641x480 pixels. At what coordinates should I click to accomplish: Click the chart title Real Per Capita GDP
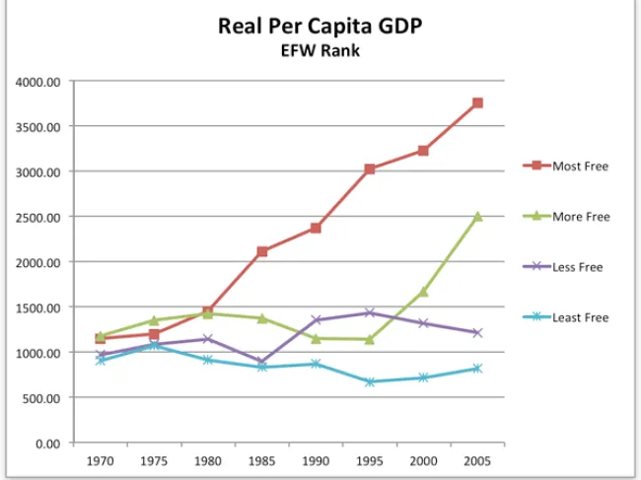[320, 27]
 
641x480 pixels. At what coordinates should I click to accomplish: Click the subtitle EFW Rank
[320, 50]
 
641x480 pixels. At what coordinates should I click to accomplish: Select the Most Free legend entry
[580, 166]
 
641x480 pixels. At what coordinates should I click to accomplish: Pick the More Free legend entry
[580, 216]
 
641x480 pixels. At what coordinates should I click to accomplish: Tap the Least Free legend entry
[580, 317]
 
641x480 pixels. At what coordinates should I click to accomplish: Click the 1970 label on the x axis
[100, 460]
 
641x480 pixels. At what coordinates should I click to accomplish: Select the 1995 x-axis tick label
[370, 460]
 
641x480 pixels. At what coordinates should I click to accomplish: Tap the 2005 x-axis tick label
[477, 460]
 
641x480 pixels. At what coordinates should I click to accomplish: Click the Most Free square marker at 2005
[477, 103]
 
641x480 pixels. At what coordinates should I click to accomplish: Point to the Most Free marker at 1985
[261, 251]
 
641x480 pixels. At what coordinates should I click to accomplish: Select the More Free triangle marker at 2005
[477, 216]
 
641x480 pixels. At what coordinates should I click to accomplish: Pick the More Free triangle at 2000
[423, 291]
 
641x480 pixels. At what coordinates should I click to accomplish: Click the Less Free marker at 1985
[261, 362]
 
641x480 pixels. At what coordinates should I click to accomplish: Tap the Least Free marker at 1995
[370, 381]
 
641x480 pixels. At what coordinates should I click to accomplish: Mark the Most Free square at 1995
[370, 170]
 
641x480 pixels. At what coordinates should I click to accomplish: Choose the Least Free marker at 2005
[477, 369]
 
